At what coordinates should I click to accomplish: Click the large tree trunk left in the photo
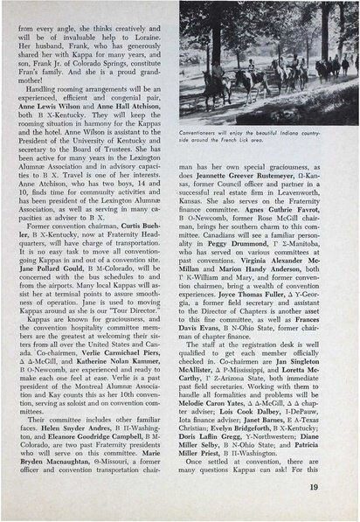[203, 61]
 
